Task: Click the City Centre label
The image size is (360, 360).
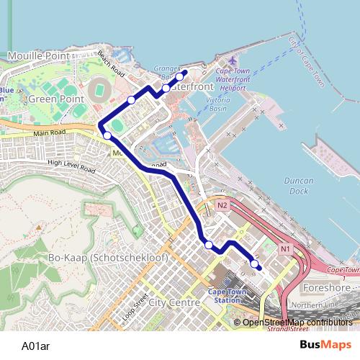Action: pos(173,303)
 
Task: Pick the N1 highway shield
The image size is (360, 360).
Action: pos(287,249)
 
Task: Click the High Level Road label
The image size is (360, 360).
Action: pos(71,166)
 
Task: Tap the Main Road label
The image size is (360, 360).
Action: pos(50,134)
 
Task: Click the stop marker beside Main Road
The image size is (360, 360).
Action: pos(107,135)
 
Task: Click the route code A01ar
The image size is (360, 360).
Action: pos(36,345)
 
